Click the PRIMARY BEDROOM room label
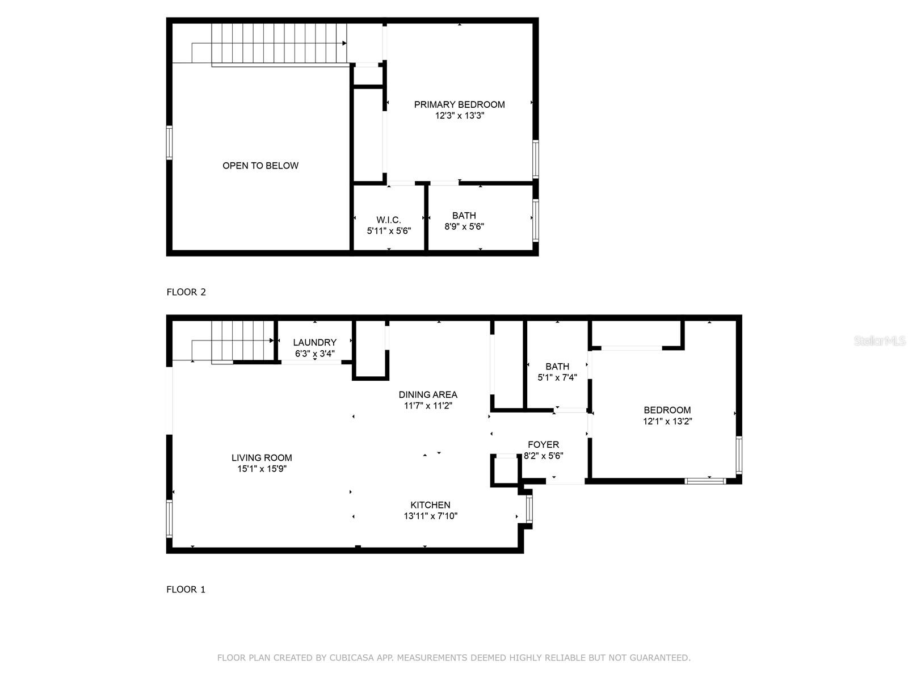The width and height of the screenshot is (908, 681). click(459, 104)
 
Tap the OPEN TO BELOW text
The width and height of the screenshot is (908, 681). click(260, 166)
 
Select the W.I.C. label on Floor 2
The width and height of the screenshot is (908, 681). click(388, 220)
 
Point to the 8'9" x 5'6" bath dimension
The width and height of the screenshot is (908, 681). click(464, 226)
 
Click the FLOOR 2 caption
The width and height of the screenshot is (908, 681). click(186, 292)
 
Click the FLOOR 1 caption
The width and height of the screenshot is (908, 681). click(186, 590)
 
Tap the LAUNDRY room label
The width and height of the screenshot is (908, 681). click(315, 343)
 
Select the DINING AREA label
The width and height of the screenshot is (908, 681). click(428, 395)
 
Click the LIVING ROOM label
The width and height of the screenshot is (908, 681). click(262, 458)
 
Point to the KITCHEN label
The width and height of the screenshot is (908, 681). click(430, 505)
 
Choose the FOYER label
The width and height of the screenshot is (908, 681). click(544, 445)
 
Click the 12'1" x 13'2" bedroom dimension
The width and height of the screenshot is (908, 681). click(667, 421)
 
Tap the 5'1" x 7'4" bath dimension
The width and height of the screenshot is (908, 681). click(557, 377)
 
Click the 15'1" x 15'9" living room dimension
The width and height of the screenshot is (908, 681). click(262, 469)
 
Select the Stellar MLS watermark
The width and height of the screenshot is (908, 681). click(880, 340)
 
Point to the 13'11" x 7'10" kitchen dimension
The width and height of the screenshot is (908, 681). click(430, 516)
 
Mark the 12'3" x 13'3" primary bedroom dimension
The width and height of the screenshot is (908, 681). click(459, 116)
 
